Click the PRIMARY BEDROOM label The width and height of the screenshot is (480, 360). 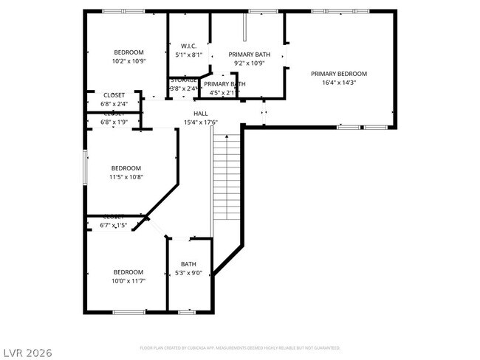(x=338, y=74)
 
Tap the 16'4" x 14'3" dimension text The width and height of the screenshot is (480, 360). (x=338, y=83)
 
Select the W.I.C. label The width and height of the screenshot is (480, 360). (x=188, y=46)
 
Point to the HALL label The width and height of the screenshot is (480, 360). (x=200, y=114)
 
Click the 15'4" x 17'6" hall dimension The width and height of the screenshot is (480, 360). (x=200, y=122)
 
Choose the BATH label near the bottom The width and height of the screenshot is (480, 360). (x=188, y=264)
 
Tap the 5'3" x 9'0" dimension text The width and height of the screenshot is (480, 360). (x=188, y=273)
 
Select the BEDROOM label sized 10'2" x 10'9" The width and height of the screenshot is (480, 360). (x=128, y=52)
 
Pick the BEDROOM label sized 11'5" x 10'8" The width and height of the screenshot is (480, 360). (x=126, y=167)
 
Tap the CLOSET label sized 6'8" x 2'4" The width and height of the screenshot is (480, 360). (x=114, y=95)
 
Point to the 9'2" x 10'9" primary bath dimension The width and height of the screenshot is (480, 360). (x=248, y=63)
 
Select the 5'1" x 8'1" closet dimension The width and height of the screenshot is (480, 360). (x=188, y=55)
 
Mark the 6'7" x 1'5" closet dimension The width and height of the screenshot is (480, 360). (x=114, y=225)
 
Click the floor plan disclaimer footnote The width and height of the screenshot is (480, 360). (x=239, y=347)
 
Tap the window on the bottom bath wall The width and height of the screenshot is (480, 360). (x=188, y=313)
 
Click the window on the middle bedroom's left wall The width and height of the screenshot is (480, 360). (x=85, y=167)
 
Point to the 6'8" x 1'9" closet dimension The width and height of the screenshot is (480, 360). (x=114, y=122)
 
